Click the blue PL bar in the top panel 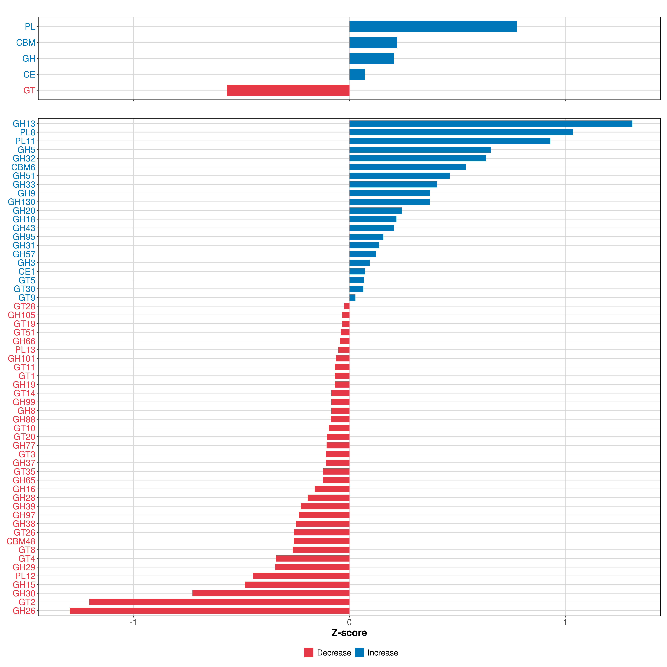tap(433, 27)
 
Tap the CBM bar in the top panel tap(373, 43)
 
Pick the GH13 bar tap(491, 124)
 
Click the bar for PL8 tap(461, 132)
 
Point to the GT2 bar tap(219, 602)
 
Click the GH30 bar tap(271, 593)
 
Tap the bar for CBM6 tap(407, 167)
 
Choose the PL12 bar tap(301, 576)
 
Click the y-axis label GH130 tap(21, 202)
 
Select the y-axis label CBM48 tap(21, 541)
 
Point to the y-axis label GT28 tap(24, 306)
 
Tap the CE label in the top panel tap(29, 75)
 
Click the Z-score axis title tap(349, 633)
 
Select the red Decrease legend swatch tap(309, 653)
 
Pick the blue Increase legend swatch tap(359, 653)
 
